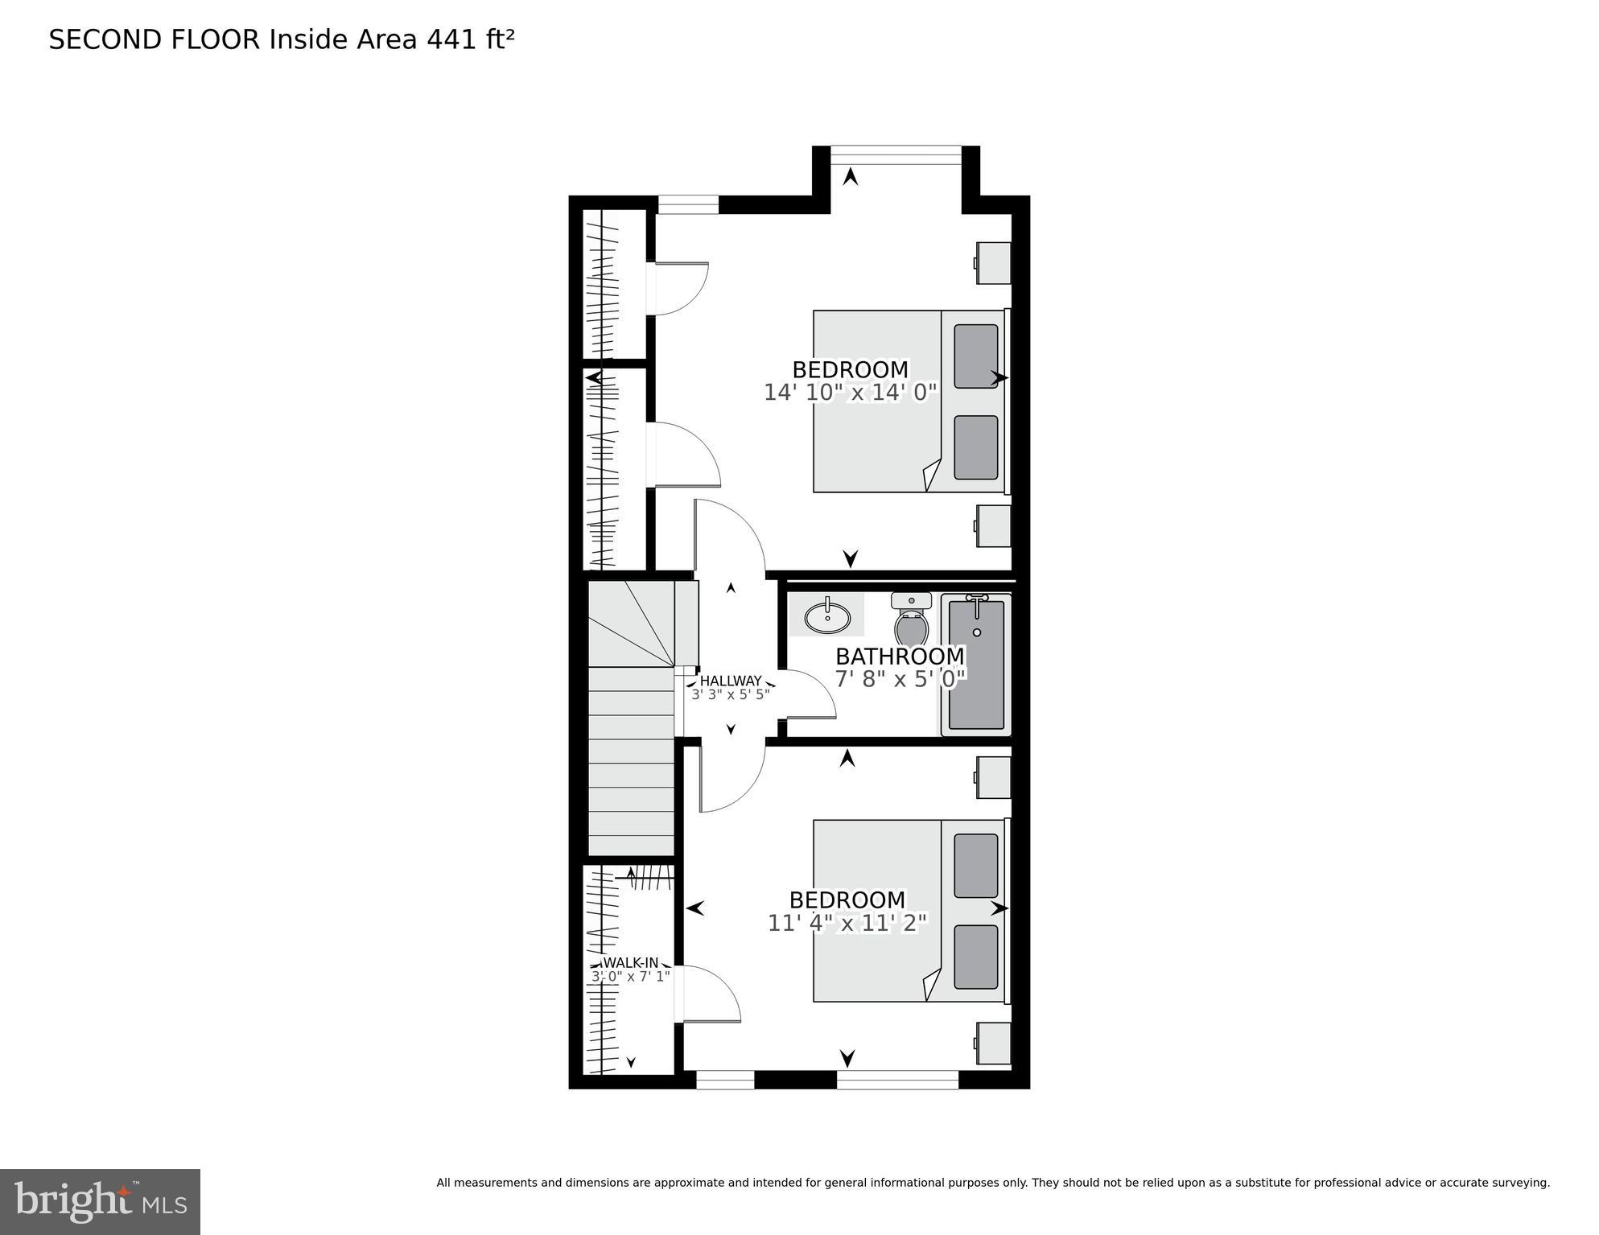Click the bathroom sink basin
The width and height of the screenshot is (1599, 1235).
[x=827, y=618]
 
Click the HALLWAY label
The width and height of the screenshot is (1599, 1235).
[x=731, y=681]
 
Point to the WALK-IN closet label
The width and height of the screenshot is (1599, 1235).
[x=631, y=962]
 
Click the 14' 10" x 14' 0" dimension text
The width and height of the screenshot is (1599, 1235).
[x=851, y=393]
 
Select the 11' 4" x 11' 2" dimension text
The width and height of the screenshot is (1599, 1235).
[x=847, y=923]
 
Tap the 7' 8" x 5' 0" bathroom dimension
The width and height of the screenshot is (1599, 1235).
[x=900, y=679]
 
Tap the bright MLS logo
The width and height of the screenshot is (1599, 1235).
[x=100, y=1201]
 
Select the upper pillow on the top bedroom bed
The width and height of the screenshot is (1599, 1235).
[x=976, y=356]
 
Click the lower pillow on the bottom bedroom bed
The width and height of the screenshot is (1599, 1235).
[x=976, y=957]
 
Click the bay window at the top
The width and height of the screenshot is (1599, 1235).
[x=896, y=154]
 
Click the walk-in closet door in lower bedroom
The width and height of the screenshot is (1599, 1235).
[x=710, y=994]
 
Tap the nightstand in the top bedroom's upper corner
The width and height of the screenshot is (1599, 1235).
[x=994, y=262]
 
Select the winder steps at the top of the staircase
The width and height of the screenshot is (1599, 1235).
[x=632, y=624]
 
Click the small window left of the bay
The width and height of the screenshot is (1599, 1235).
[x=688, y=204]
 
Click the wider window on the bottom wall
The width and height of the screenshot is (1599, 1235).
[x=897, y=1080]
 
